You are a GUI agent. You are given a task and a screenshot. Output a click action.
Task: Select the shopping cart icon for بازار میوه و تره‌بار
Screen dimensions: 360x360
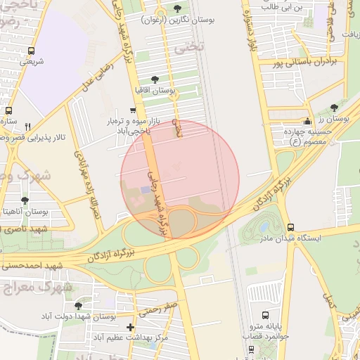(x=132, y=110)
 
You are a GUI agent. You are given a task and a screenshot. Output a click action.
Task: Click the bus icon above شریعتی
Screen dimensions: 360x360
(x=31, y=51)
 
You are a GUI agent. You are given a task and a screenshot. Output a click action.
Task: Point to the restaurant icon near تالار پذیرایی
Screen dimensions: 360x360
(x=28, y=127)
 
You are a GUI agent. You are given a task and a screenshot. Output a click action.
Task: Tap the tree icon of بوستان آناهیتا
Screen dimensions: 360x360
(x=25, y=200)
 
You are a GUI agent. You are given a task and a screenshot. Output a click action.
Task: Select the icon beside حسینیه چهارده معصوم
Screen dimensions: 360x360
(x=307, y=121)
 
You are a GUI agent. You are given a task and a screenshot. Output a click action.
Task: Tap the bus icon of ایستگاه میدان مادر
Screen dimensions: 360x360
(x=291, y=227)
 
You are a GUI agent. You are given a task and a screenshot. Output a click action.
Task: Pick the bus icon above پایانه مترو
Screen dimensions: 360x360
(x=265, y=316)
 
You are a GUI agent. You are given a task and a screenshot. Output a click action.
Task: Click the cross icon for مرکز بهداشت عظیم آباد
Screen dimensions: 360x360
(x=130, y=327)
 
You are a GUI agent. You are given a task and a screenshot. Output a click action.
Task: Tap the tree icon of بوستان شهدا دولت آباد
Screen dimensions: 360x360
(x=79, y=306)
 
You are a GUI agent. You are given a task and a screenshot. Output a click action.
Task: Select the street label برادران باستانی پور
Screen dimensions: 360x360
(x=307, y=63)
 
